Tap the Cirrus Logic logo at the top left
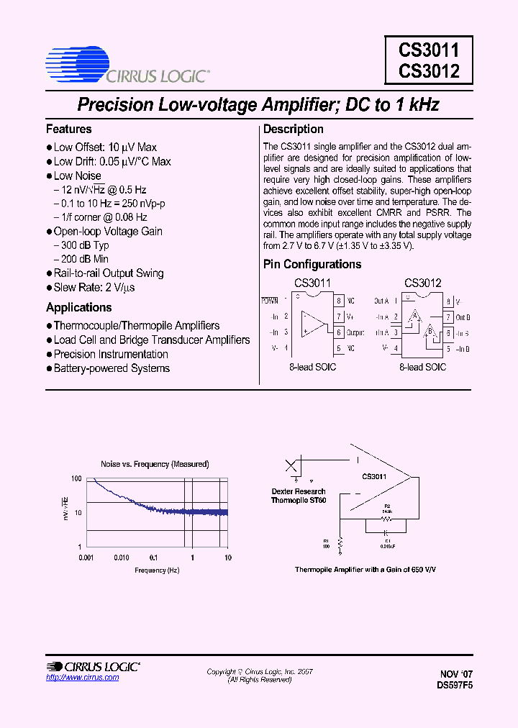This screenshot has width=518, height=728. point(127,64)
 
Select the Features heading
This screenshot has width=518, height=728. point(69,129)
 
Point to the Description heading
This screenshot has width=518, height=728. point(294,129)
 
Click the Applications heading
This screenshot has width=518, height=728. point(79,307)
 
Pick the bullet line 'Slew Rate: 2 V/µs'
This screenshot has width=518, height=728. point(94,287)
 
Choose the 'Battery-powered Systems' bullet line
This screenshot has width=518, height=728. point(112,368)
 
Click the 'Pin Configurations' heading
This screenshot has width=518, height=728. point(312,264)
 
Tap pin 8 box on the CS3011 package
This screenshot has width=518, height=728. point(338,301)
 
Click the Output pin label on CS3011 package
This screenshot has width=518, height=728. point(355,332)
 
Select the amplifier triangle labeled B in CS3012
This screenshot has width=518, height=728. point(429,332)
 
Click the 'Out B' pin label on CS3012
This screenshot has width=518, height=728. point(463,317)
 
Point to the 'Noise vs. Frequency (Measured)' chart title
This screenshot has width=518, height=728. point(155,464)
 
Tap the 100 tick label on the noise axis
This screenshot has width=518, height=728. point(76,478)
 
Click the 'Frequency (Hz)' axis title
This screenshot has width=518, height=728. point(156,570)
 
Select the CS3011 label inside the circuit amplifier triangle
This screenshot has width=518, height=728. point(374,477)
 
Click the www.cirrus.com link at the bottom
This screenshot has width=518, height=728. point(72,678)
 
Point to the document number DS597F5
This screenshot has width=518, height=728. point(455,686)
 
